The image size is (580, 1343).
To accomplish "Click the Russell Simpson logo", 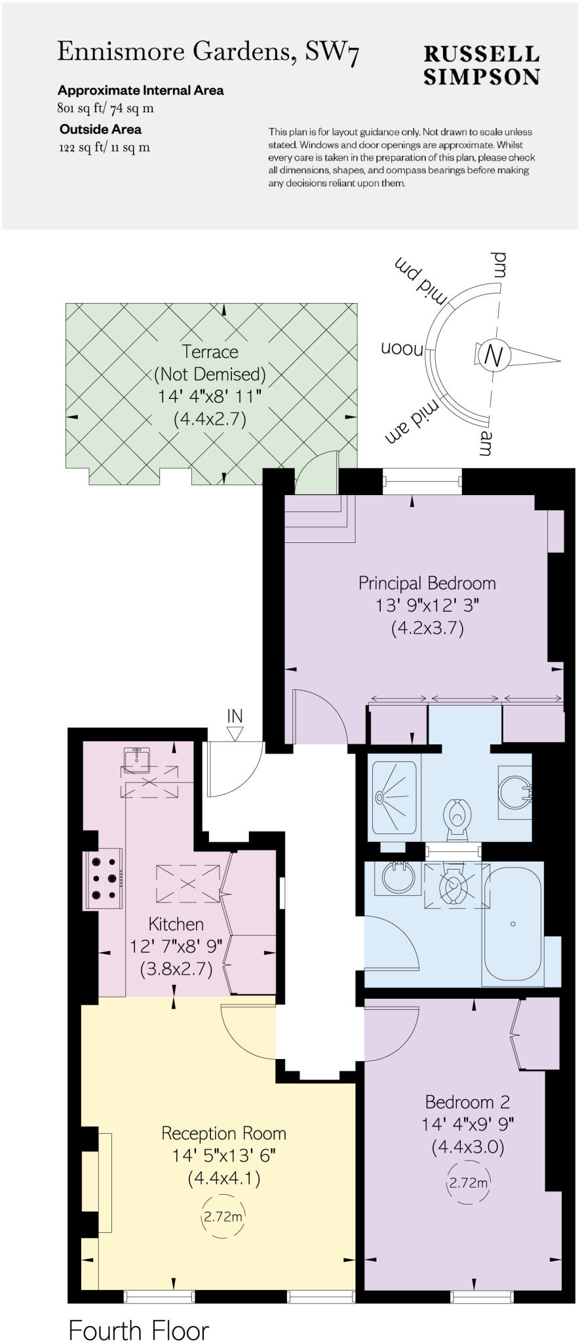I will coord(481,65).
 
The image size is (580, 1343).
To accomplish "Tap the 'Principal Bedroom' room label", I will coord(427,583).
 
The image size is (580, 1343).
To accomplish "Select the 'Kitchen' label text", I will coord(176,924).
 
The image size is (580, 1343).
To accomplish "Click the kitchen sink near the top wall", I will coord(137,759).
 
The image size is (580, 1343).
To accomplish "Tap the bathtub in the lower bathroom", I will coord(512,923).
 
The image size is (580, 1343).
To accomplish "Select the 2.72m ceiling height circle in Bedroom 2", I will coord(469,1183).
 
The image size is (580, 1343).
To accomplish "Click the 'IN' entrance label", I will coord(235,715).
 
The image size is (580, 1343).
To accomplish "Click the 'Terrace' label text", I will coord(210,352).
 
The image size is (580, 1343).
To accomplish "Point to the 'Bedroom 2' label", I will coord(467,1102).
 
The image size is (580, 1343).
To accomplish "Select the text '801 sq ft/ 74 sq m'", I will coord(106,109).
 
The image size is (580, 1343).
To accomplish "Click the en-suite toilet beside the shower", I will coord(457,816).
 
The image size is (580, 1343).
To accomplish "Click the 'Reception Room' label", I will coord(223,1133).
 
